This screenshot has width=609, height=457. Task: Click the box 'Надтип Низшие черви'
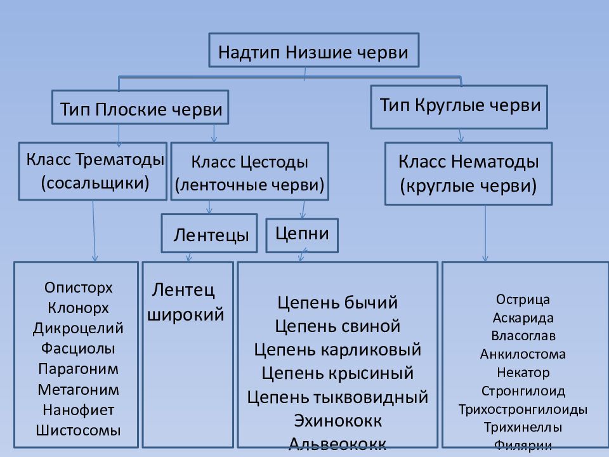(x=313, y=51)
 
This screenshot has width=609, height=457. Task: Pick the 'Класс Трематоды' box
(x=93, y=171)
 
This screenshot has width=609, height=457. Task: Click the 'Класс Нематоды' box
(x=468, y=173)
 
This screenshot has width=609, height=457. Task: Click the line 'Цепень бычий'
(x=337, y=301)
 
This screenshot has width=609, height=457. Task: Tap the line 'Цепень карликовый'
(x=337, y=349)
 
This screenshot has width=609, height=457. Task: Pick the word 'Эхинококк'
(x=337, y=420)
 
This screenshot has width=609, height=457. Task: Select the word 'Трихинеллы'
(x=523, y=427)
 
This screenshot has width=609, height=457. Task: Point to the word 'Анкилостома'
(x=523, y=354)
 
